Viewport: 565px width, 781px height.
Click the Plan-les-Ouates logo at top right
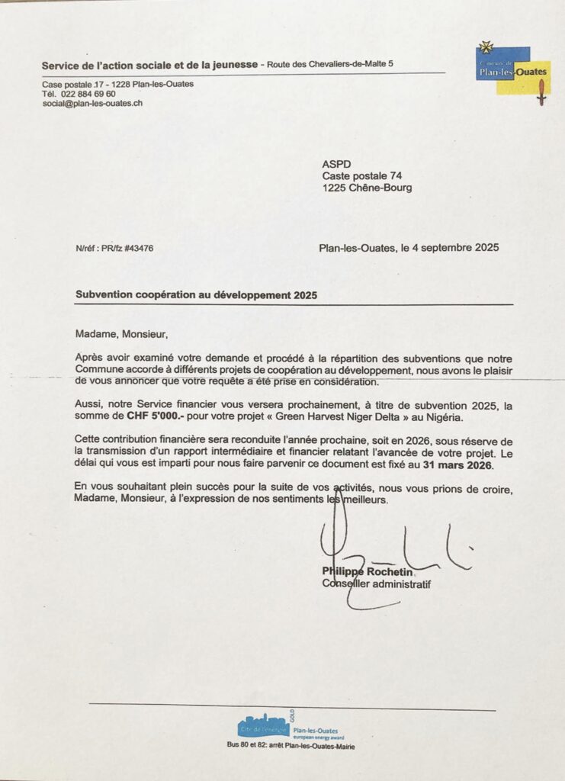click(x=512, y=70)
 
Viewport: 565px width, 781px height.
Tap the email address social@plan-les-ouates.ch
click(x=92, y=103)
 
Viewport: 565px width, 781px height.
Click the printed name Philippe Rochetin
click(x=368, y=572)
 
